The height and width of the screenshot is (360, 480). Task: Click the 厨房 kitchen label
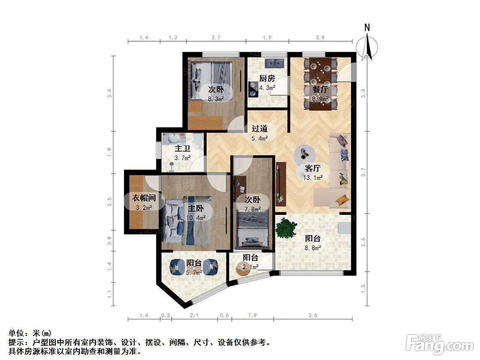coord(267,78)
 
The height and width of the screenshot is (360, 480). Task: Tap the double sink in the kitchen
coord(275,63)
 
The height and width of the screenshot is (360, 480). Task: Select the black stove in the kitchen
coord(253,89)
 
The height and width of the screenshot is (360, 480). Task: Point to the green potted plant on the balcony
coord(286,228)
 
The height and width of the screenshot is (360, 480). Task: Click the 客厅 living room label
coord(313,168)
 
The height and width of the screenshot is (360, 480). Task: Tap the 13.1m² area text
coord(313,178)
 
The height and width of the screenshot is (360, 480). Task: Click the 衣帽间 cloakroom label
coord(144,198)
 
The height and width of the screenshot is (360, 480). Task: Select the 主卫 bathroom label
coord(182,148)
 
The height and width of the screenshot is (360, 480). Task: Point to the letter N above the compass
coord(367,27)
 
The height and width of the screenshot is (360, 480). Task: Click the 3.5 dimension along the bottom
coord(313,315)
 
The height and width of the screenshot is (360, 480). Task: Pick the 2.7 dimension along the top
coord(216,37)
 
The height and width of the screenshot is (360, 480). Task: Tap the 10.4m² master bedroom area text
coord(196,218)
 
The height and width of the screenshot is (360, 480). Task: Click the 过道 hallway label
coord(259,129)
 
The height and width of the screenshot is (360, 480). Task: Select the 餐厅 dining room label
coord(320,89)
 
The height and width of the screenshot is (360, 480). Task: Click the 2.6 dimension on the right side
coord(363,242)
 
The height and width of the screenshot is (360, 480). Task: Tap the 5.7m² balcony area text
coord(194,273)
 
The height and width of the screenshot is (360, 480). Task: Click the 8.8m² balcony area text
coord(313,248)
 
